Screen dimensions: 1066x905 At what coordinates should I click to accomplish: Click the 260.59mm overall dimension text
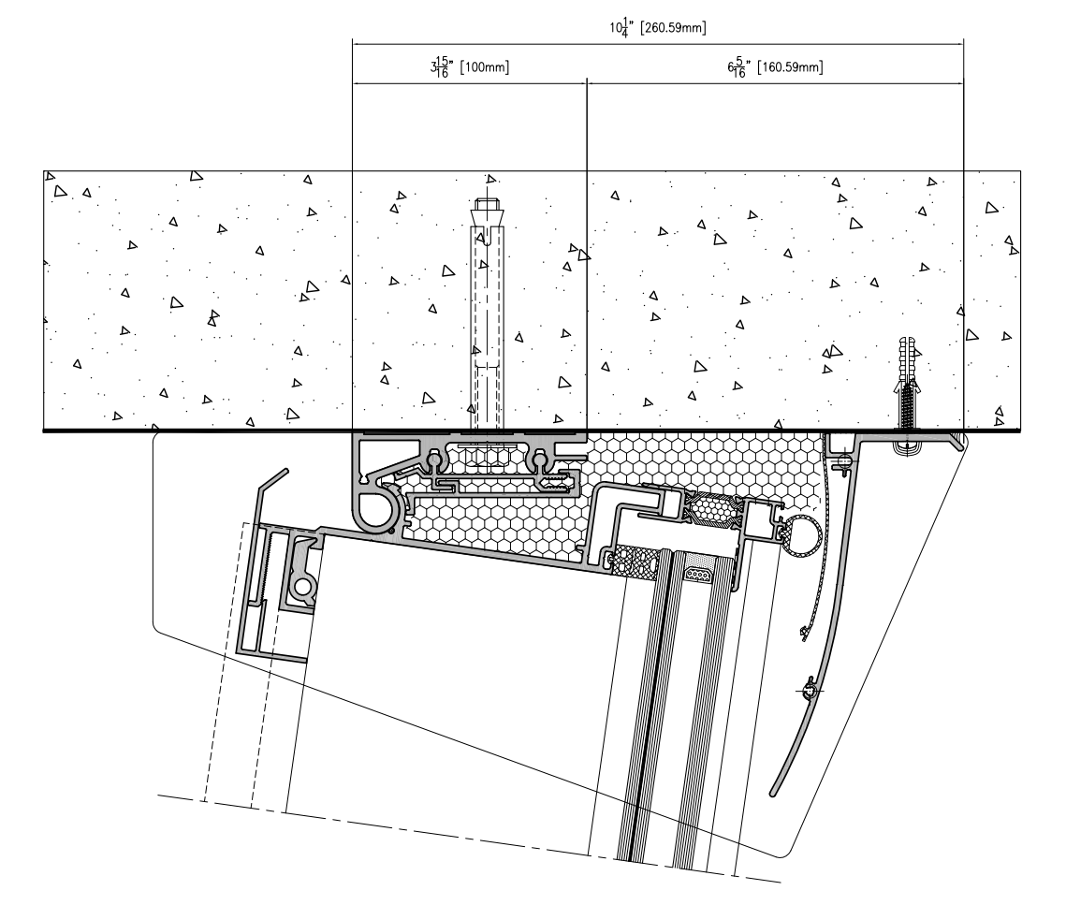click(673, 29)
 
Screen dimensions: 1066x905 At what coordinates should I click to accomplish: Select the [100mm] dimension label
click(485, 67)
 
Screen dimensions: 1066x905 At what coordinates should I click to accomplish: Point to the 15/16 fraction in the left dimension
click(442, 67)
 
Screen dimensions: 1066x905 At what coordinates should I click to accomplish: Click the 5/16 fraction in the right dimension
click(739, 67)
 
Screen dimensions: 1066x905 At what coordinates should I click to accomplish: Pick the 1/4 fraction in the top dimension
click(625, 29)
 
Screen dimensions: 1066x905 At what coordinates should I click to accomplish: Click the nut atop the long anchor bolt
click(488, 203)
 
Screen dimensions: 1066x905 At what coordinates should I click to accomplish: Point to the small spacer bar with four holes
click(699, 575)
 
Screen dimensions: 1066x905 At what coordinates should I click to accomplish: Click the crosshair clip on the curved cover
click(809, 692)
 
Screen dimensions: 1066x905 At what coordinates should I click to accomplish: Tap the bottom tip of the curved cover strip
click(774, 792)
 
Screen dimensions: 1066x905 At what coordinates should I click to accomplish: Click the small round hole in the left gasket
click(303, 586)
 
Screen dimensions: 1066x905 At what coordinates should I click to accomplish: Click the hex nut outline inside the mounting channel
click(489, 457)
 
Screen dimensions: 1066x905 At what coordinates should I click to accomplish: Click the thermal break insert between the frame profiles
click(709, 510)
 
